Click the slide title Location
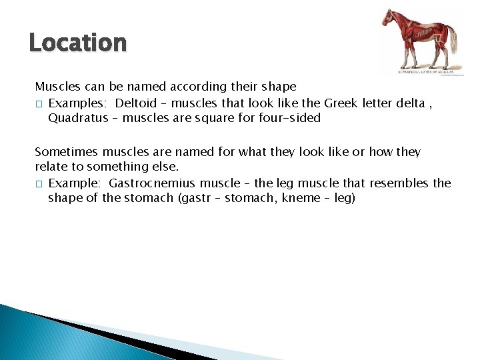pyautogui.click(x=77, y=43)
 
